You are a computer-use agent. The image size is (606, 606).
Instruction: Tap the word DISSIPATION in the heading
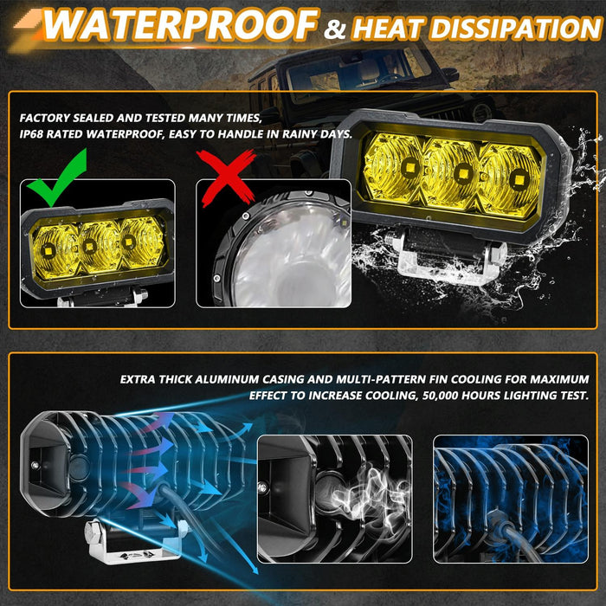515,29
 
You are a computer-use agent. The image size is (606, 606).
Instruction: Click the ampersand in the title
333,31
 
